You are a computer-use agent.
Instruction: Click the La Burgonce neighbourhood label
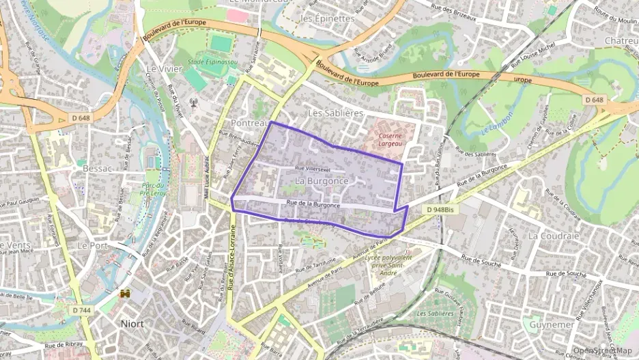pos(322,180)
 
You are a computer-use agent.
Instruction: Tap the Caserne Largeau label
pos(388,139)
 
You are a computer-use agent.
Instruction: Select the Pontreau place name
pos(249,123)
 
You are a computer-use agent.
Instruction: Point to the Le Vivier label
pos(162,69)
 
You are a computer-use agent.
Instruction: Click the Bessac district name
pos(97,167)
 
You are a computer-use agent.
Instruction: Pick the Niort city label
pos(132,323)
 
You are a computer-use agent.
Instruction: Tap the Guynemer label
pos(552,324)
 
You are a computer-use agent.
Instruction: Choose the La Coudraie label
pos(553,235)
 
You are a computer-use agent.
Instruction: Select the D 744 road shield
pos(81,310)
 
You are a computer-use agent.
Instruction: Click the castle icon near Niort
pos(125,294)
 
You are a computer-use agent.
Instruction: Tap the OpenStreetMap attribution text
pos(602,350)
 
